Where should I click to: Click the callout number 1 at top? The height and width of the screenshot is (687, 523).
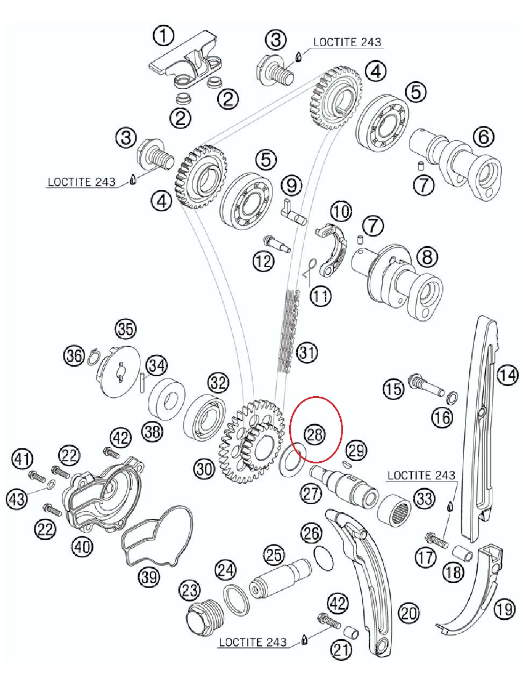click(x=163, y=36)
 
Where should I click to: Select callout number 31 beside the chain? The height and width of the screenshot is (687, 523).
click(x=307, y=353)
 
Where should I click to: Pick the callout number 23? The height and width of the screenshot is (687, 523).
click(x=189, y=591)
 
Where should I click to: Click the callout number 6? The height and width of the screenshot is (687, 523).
click(x=483, y=137)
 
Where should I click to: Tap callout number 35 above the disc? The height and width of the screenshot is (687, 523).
click(x=126, y=329)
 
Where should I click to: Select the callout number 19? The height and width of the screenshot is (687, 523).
click(x=504, y=609)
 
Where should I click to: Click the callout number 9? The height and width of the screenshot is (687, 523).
click(x=292, y=185)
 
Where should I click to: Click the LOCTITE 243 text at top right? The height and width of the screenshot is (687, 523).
click(x=347, y=42)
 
